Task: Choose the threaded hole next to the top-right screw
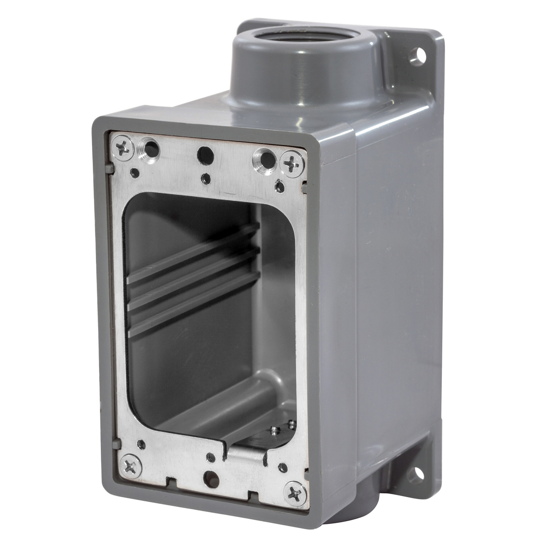click(x=265, y=159)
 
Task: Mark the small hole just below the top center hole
click(x=205, y=179)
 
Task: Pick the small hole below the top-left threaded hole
click(x=134, y=172)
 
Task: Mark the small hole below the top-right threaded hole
click(x=279, y=185)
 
